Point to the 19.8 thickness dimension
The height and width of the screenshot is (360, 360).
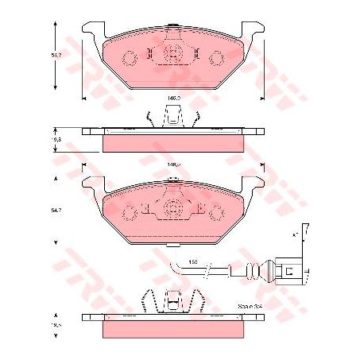click(x=55, y=139)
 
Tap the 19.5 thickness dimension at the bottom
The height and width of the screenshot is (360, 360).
click(x=55, y=326)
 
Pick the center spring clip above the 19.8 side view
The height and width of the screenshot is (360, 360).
click(x=172, y=118)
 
